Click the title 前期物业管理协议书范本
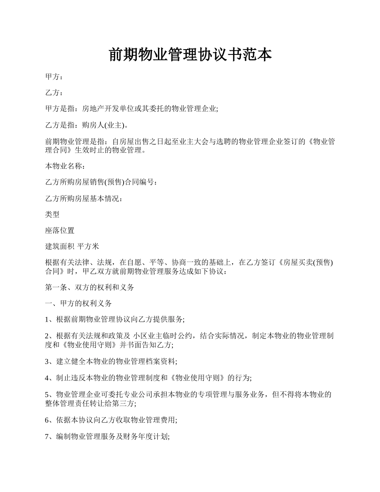pos(190,55)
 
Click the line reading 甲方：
pos(54,76)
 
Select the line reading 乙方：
pos(54,93)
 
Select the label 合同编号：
pos(142,182)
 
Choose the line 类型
pos(52,214)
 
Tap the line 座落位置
pos(60,231)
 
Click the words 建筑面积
pos(60,247)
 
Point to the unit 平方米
pos(88,247)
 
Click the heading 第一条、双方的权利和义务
pos(90,288)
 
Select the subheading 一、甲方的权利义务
pos(78,304)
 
